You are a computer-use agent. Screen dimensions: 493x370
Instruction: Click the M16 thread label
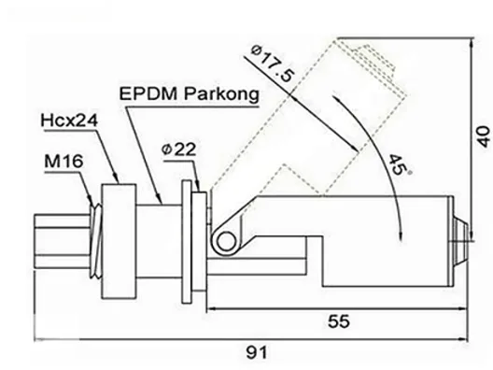[63, 161]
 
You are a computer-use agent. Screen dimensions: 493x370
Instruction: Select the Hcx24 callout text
[69, 121]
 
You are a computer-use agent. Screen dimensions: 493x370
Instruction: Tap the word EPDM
[148, 93]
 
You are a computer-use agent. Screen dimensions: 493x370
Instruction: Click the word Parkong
[221, 94]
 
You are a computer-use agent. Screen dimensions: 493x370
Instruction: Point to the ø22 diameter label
[179, 149]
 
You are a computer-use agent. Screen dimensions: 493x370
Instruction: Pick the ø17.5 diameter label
[274, 64]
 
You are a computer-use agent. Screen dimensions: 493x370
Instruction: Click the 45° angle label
[399, 164]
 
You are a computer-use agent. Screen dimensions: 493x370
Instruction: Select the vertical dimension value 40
[484, 136]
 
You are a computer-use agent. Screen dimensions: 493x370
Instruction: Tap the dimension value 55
[339, 321]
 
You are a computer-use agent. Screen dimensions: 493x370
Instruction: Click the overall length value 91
[256, 352]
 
